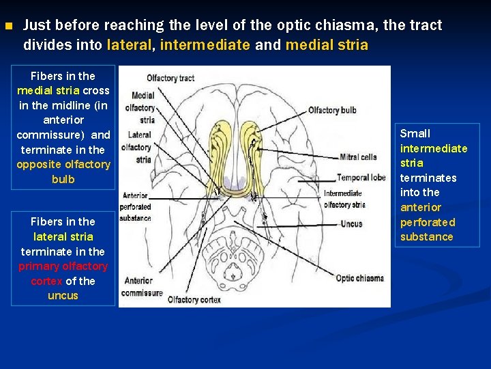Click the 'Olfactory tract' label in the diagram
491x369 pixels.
170,78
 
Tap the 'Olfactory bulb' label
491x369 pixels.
332,110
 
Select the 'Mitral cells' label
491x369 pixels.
357,156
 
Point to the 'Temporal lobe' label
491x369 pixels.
361,177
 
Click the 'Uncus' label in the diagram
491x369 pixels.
351,223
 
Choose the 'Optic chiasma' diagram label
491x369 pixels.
360,278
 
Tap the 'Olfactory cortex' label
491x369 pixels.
194,299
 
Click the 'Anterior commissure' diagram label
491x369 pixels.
139,286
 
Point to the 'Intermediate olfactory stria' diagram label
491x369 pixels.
344,199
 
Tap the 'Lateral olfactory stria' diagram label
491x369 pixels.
136,147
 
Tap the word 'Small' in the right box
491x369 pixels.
415,133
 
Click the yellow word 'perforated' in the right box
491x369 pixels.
428,222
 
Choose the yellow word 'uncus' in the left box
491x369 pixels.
63,296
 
